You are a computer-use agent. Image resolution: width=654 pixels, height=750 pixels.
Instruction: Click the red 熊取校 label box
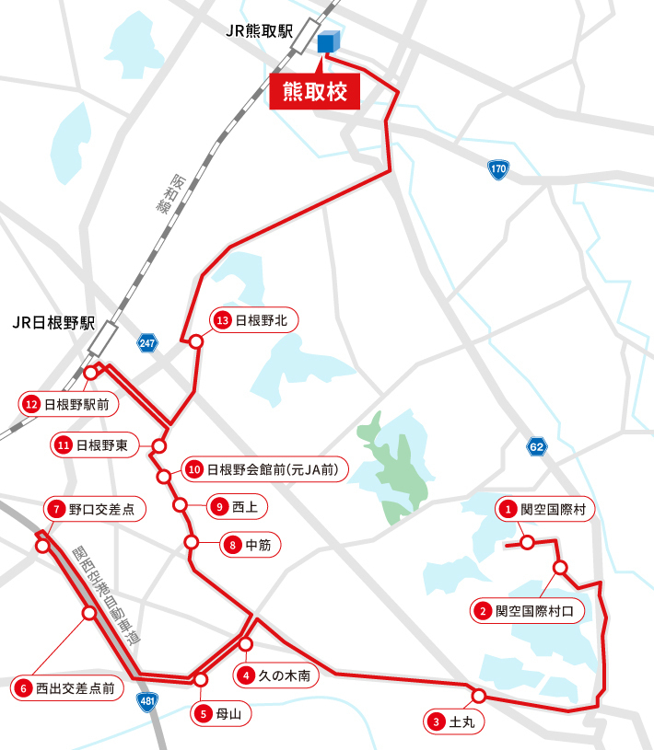(x=314, y=94)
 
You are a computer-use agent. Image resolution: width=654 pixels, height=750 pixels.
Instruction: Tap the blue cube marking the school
(x=329, y=42)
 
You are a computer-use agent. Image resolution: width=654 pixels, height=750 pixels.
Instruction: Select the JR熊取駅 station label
(x=258, y=30)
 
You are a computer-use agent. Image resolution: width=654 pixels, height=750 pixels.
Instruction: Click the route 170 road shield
(x=498, y=169)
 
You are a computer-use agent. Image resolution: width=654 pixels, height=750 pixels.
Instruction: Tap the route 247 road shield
(x=147, y=343)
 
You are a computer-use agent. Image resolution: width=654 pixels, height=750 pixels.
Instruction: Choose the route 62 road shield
(x=537, y=446)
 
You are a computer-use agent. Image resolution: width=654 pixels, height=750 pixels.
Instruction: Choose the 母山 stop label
(x=222, y=712)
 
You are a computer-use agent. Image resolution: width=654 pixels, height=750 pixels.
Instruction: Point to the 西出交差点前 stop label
(x=67, y=687)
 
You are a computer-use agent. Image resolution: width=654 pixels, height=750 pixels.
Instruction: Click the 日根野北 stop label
(x=255, y=320)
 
